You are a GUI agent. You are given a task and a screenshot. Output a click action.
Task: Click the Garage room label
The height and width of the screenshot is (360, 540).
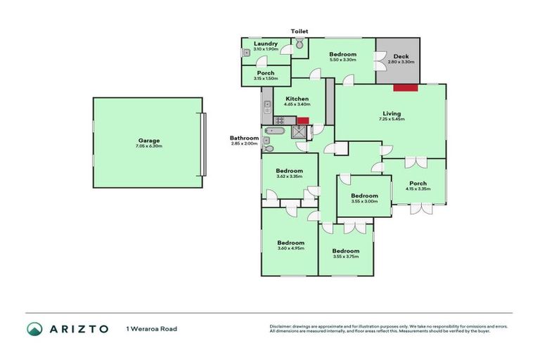click(x=148, y=140)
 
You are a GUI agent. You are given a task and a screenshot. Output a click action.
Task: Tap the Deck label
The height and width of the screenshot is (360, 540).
click(x=401, y=56)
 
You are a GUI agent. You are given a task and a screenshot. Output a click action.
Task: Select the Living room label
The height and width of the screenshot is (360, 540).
click(x=392, y=113)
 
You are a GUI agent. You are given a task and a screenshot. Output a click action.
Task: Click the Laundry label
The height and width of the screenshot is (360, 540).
click(x=265, y=44)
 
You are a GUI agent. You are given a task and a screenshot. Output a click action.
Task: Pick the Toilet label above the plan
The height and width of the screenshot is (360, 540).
click(x=300, y=32)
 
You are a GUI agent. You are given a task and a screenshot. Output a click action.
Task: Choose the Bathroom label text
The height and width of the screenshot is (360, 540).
click(x=244, y=138)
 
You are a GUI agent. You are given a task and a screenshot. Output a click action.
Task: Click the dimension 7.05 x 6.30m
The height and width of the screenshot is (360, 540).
click(x=148, y=146)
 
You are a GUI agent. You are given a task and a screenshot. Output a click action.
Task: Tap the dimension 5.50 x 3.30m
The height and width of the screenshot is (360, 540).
click(x=342, y=60)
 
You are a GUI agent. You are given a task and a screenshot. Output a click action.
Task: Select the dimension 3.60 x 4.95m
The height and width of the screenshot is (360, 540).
click(x=290, y=248)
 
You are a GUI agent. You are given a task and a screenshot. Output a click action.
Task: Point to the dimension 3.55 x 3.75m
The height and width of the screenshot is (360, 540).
click(x=345, y=257)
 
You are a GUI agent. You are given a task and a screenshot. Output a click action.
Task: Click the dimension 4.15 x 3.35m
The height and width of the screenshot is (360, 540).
click(x=418, y=189)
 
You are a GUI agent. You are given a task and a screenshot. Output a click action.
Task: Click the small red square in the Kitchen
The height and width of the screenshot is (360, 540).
click(x=303, y=120)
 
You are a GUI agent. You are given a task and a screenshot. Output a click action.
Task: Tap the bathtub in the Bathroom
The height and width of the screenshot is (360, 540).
click(x=274, y=130)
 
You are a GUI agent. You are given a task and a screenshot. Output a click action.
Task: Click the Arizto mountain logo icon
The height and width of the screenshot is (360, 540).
click(x=34, y=328)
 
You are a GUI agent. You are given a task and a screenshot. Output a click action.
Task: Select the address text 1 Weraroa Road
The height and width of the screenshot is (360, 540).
click(x=151, y=328)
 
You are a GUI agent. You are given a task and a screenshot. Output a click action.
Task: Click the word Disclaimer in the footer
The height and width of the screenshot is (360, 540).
click(x=283, y=326)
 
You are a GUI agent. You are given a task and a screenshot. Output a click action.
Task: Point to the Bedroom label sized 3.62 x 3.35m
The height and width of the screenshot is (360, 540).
click(x=289, y=171)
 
